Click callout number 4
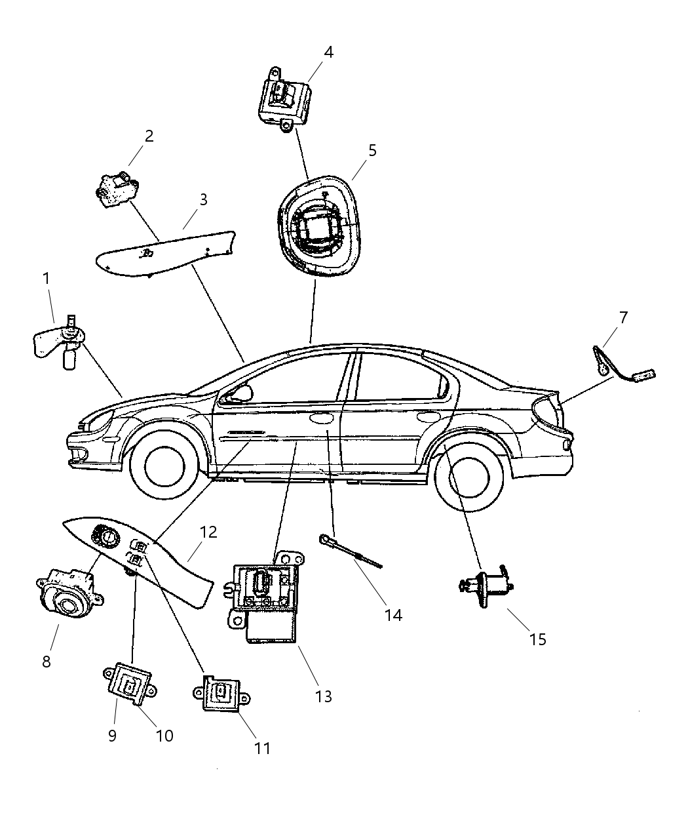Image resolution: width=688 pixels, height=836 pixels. pos(328,52)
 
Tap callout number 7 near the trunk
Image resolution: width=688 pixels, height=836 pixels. pos(623,318)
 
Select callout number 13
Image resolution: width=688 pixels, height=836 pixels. pos(324,696)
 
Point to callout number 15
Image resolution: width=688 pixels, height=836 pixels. pos(537,639)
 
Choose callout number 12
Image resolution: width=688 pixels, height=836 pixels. pos(208,532)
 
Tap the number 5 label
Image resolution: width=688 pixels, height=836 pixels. pos(372,150)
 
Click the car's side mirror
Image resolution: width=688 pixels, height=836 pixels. pos(243,393)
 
